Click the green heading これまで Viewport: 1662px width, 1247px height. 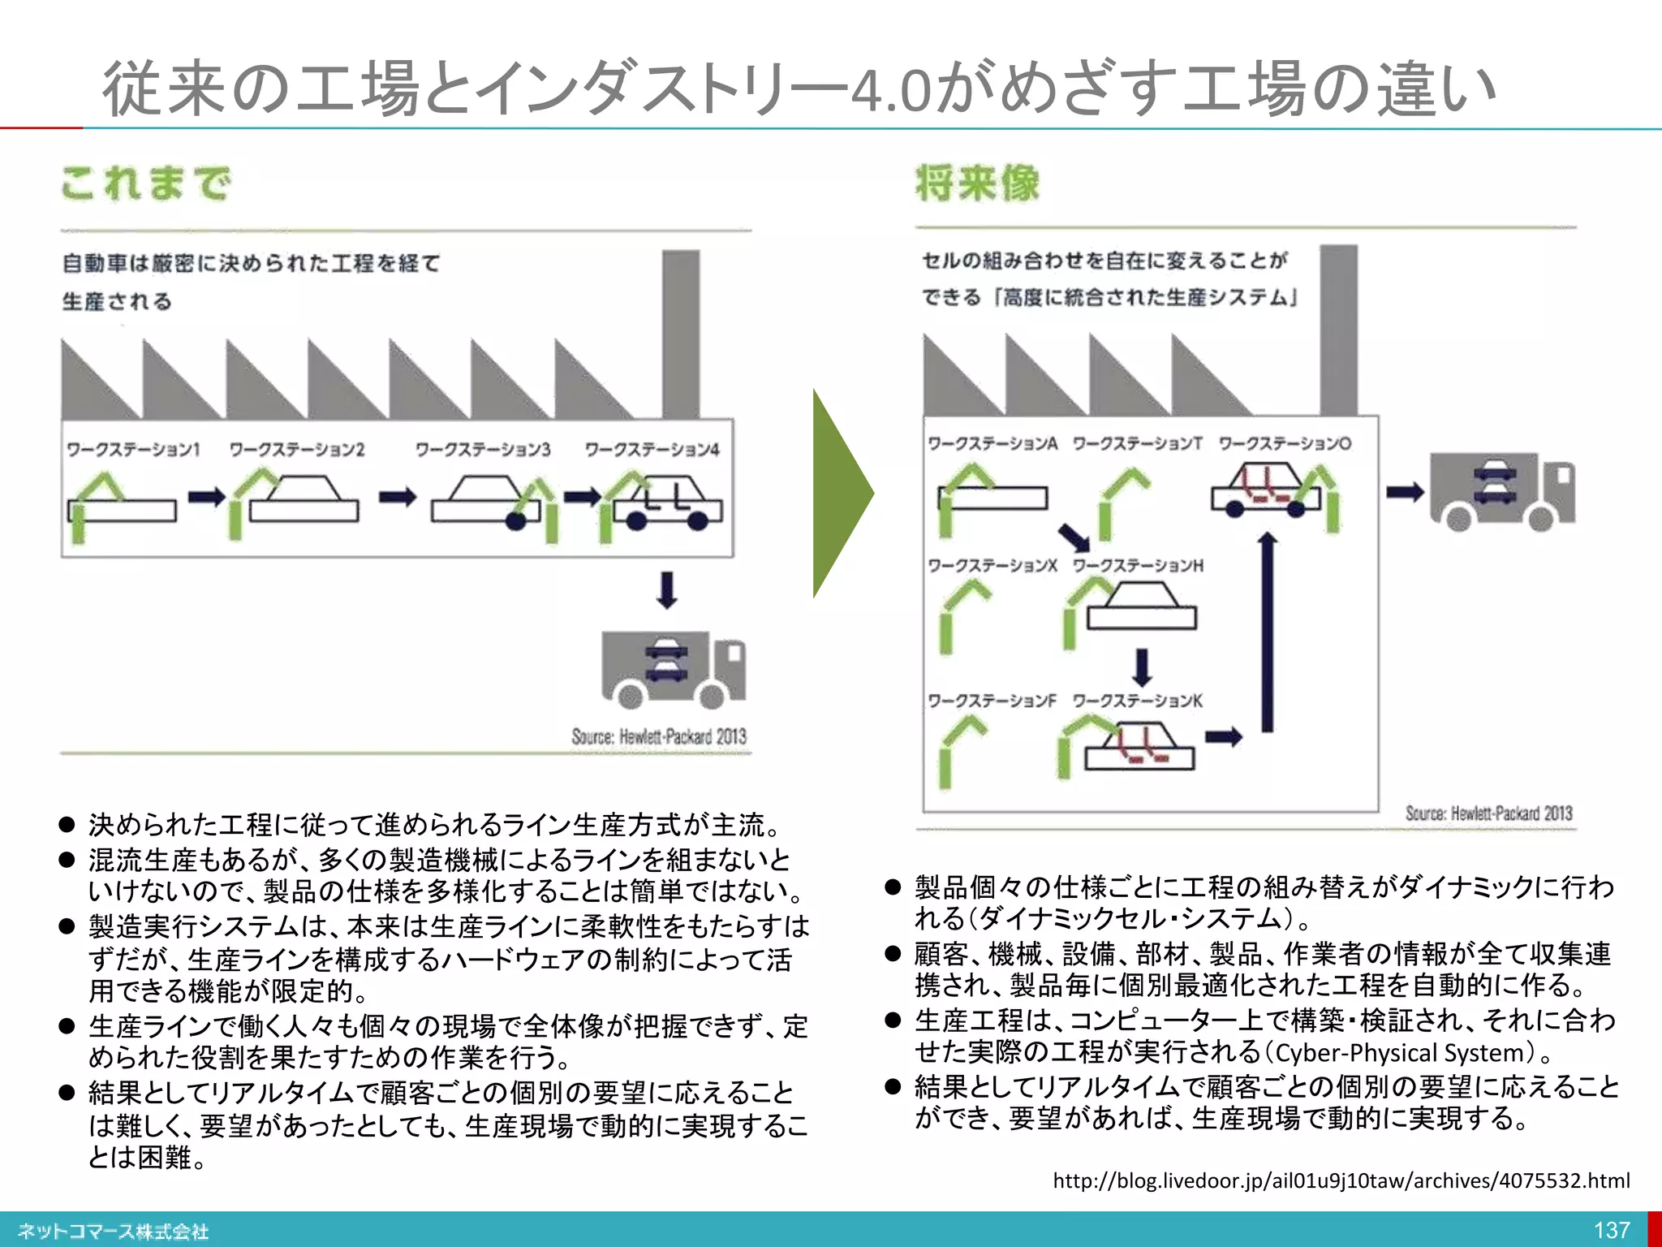pos(146,183)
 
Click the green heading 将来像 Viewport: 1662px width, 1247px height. pos(977,182)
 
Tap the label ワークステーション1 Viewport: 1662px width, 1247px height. pos(133,449)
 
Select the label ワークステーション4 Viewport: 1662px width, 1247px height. pos(652,449)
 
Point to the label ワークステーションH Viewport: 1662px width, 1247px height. pos(1138,565)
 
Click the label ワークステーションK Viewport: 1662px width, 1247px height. pos(1137,701)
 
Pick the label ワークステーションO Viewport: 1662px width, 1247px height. pos(1285,443)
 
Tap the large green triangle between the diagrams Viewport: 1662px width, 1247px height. pos(841,493)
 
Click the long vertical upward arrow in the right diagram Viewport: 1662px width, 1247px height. pos(1268,633)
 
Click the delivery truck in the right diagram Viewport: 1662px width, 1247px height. pos(1501,491)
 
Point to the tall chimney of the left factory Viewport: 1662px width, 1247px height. pos(680,333)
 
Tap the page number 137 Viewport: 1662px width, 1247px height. pos(1611,1230)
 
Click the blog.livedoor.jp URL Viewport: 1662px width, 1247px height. pos(1341,1180)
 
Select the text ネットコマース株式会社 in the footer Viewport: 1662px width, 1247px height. pos(114,1232)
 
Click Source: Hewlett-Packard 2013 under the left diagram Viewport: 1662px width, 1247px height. pos(658,736)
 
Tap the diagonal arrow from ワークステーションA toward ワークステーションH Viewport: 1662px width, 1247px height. pos(1074,537)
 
